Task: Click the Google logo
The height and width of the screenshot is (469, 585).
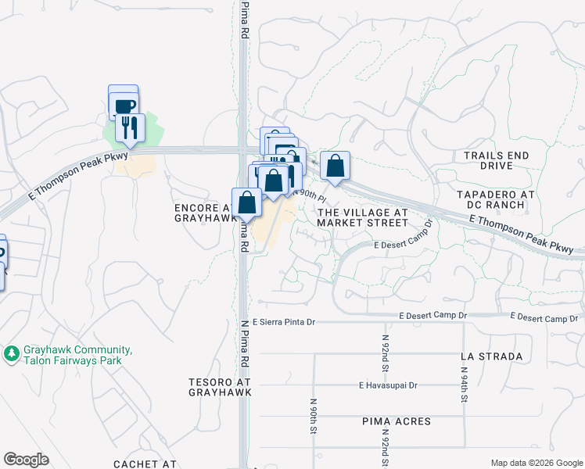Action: pyautogui.click(x=26, y=460)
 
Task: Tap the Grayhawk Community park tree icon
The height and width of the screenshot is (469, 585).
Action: pyautogui.click(x=12, y=354)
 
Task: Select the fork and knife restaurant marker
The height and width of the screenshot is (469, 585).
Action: pyautogui.click(x=130, y=127)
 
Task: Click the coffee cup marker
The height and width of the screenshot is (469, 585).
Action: pyautogui.click(x=124, y=104)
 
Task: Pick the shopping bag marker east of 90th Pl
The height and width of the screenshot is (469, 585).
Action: pyautogui.click(x=335, y=166)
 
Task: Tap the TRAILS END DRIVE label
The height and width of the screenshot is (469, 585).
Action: pyautogui.click(x=496, y=161)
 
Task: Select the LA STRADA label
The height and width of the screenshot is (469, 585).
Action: pyautogui.click(x=491, y=356)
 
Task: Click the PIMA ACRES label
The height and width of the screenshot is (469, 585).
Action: pyautogui.click(x=397, y=421)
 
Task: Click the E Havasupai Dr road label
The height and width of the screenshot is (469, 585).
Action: pyautogui.click(x=389, y=385)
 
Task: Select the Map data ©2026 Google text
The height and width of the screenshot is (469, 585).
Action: pyautogui.click(x=537, y=463)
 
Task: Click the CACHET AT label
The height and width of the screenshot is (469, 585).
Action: pyautogui.click(x=145, y=464)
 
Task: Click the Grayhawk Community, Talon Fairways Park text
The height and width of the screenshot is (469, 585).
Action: pyautogui.click(x=77, y=356)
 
